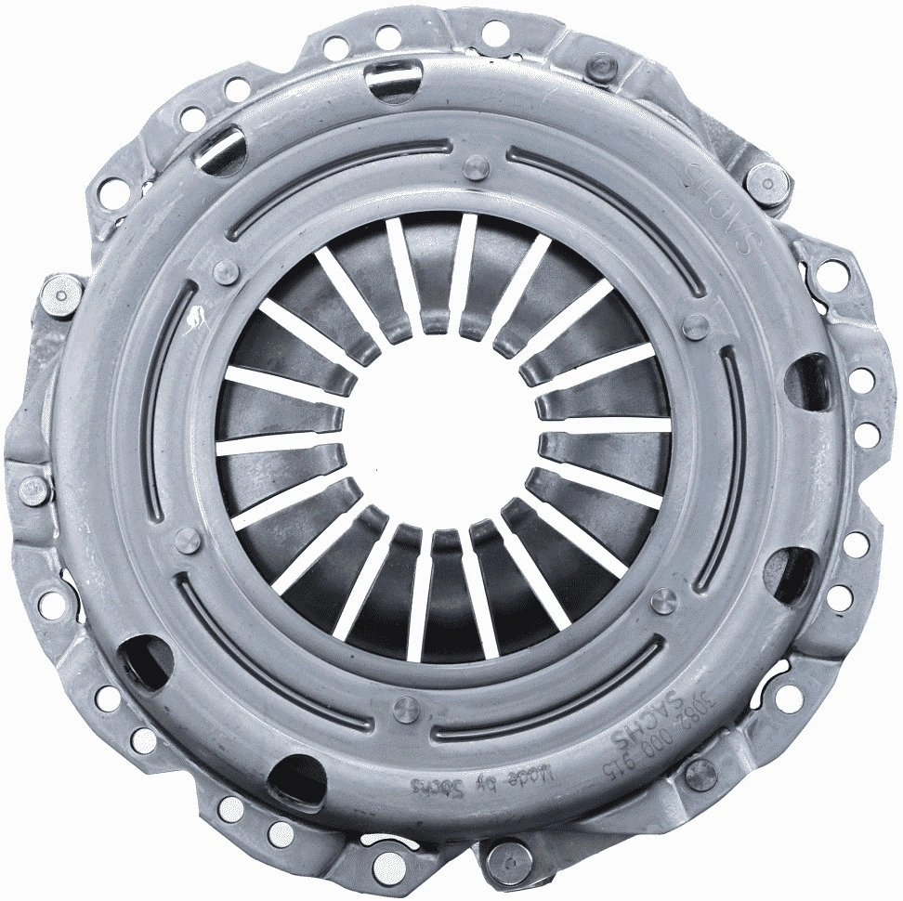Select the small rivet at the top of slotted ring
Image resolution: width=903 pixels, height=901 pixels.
(x=476, y=167)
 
